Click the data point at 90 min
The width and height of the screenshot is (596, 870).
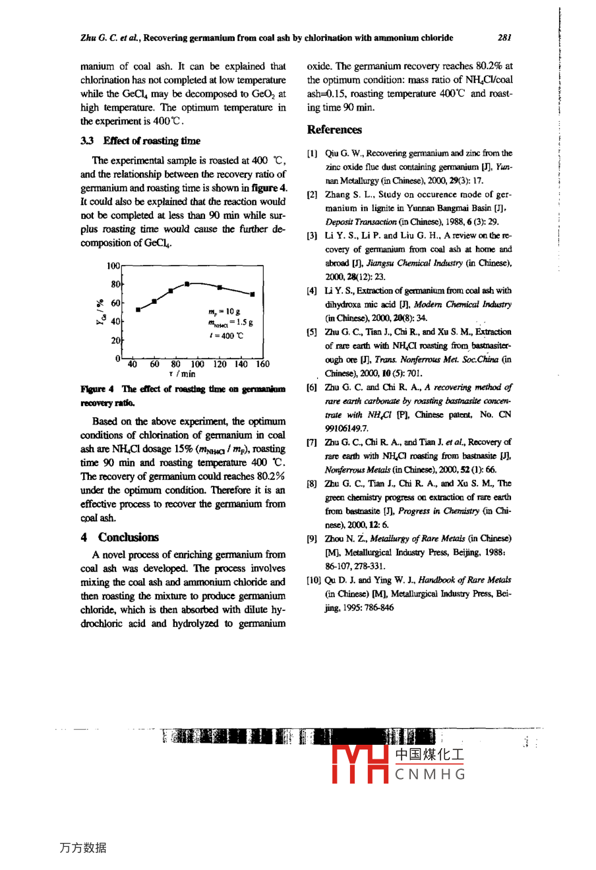coord(187,283)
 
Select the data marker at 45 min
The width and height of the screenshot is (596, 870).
coord(138,309)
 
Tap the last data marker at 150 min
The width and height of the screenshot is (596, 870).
coord(253,295)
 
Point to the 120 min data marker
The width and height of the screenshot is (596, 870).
coord(220,287)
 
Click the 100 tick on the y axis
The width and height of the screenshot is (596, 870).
coord(113,266)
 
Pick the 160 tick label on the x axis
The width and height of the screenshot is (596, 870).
coord(262,364)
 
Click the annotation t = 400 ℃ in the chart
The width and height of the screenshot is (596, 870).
coord(225,335)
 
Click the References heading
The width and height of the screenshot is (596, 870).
coord(334,130)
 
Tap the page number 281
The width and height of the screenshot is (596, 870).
coord(505,38)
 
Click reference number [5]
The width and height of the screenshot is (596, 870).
coord(313,332)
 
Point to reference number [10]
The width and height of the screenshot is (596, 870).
coord(314,581)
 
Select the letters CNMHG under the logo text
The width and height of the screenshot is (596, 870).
coord(431,774)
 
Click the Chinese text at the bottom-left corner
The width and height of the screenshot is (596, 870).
coord(83,848)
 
